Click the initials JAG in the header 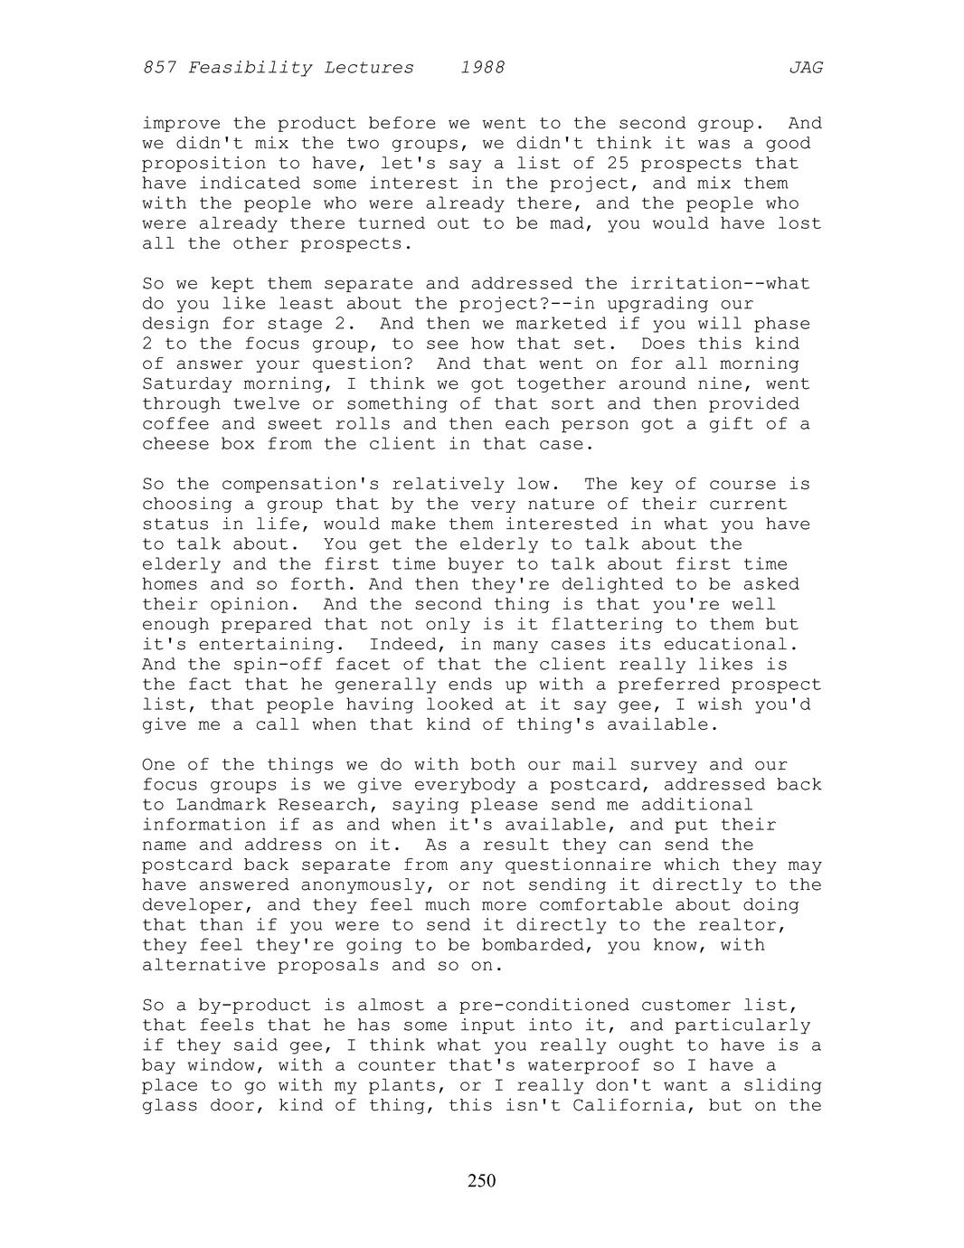pos(805,68)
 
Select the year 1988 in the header pos(482,68)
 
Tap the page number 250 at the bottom pos(482,1180)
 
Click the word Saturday pos(187,384)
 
